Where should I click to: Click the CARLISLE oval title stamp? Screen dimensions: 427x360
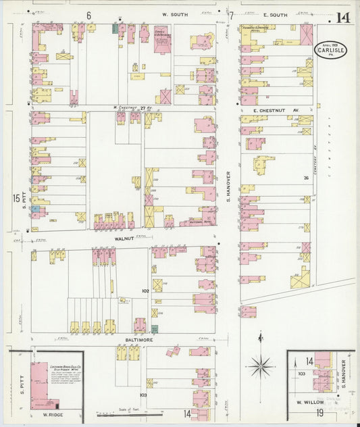[x=331, y=51]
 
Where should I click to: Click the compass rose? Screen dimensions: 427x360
[x=260, y=366]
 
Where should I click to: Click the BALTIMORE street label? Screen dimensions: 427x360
[x=140, y=339]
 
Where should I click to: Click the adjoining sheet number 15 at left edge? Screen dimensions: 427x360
[x=16, y=198]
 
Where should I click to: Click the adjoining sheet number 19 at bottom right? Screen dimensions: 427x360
[x=320, y=412]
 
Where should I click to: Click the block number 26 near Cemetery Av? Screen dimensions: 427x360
[x=305, y=178]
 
